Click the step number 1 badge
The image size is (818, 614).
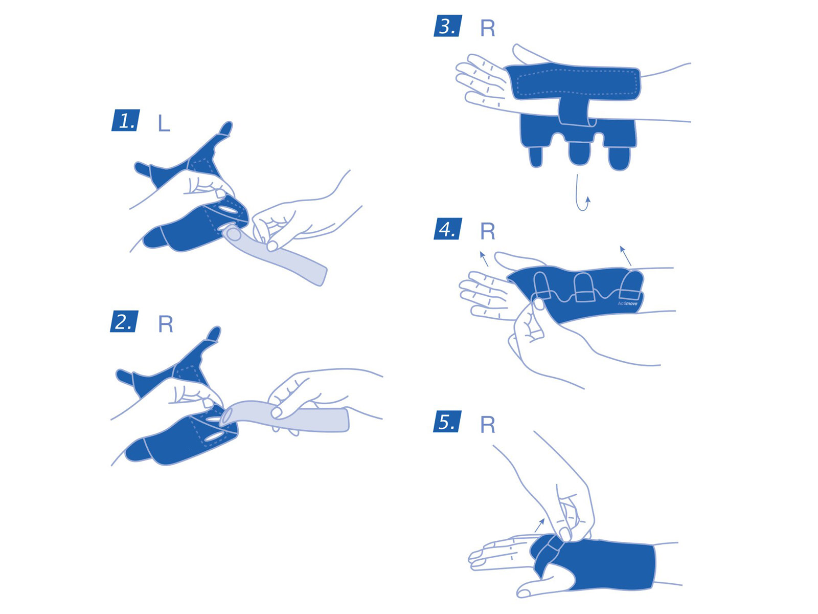coord(126,120)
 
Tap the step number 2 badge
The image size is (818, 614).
coord(124,321)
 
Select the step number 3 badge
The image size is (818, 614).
coord(447,26)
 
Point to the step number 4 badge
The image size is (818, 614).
coord(447,229)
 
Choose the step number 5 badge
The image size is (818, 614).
coord(447,421)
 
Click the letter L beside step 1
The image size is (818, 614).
coord(164,123)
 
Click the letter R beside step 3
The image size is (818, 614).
coord(487,28)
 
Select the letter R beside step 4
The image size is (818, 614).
coord(487,231)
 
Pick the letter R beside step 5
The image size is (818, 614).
coord(487,425)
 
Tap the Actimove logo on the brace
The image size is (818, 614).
coord(628,303)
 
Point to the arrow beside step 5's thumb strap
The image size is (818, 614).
coord(539,525)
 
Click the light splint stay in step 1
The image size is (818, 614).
coord(275,254)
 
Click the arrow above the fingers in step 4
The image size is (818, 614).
coord(484,259)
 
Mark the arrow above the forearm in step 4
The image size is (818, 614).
coord(625,255)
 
